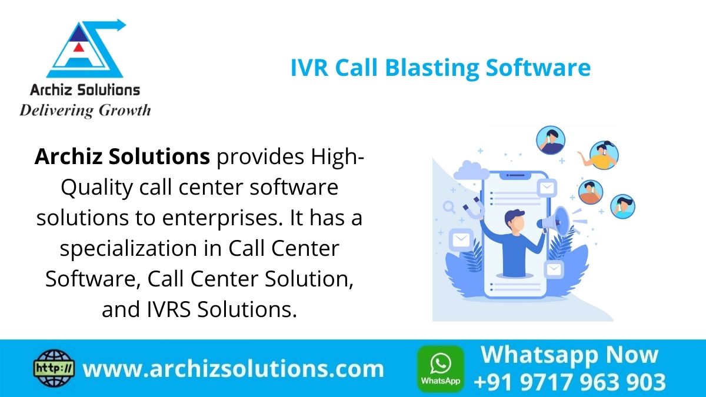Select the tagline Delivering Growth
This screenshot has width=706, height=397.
click(85, 110)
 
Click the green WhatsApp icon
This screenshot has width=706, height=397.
click(440, 369)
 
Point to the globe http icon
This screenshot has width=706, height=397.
click(52, 369)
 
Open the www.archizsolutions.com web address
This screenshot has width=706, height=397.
click(233, 369)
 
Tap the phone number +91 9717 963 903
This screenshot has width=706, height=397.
click(569, 382)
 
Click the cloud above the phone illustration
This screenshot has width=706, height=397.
click(471, 171)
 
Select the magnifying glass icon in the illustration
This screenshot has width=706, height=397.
click(449, 207)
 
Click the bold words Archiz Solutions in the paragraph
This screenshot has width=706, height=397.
click(122, 157)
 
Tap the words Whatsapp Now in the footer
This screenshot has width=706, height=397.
click(569, 355)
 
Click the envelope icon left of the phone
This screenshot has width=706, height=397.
click(460, 241)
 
